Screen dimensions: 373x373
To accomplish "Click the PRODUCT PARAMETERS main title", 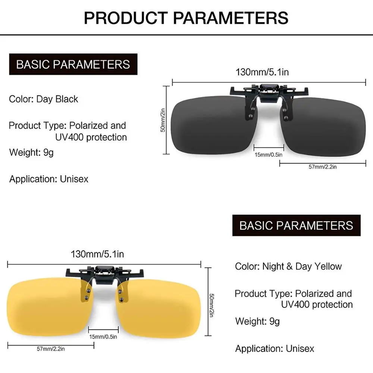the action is [186, 18].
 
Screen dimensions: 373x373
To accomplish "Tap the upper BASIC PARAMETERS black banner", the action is [73, 64].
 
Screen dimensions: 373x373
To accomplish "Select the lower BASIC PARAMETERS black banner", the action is [297, 225].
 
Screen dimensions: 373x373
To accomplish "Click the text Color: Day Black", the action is [44, 99].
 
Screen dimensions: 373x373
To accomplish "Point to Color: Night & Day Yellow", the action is [288, 266].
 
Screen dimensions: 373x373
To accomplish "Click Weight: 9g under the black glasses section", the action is [31, 152].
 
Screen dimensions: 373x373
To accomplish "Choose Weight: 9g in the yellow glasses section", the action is [257, 321].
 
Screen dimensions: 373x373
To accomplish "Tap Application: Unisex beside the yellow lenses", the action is [275, 348].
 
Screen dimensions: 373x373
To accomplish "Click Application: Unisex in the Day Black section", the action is [49, 179].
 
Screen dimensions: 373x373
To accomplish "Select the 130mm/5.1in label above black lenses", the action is [262, 72].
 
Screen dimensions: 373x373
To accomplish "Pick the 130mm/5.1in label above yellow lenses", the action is [97, 254].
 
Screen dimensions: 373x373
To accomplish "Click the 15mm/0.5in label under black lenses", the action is [269, 155].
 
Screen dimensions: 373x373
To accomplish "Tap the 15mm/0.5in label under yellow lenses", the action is [103, 336].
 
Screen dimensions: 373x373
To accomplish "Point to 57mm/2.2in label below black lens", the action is [323, 167].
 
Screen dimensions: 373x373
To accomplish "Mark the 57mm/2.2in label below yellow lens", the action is [51, 349].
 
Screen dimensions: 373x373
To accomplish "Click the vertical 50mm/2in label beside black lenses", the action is [163, 120].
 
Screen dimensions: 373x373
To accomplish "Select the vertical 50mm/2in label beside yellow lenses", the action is [211, 305].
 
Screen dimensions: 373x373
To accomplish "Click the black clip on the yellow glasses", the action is [105, 273].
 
